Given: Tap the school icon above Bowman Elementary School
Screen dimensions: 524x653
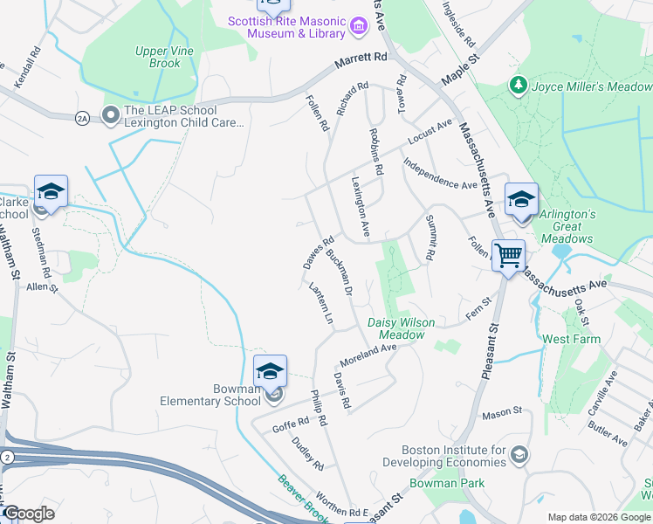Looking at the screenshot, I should point(270,371).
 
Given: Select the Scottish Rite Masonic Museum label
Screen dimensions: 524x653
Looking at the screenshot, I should point(286,27).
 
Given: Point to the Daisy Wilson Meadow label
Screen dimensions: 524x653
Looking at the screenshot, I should point(401,328).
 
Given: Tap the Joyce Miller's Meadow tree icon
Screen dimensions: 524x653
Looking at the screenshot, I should point(519,86).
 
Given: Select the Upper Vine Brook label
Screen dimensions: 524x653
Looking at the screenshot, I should point(158,58).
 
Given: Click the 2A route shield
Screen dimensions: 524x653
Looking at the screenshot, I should point(83,117).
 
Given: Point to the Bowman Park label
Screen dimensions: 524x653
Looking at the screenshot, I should point(447,483).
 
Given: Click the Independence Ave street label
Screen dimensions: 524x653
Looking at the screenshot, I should point(440,174).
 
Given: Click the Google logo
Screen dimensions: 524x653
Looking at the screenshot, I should point(29,514).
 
